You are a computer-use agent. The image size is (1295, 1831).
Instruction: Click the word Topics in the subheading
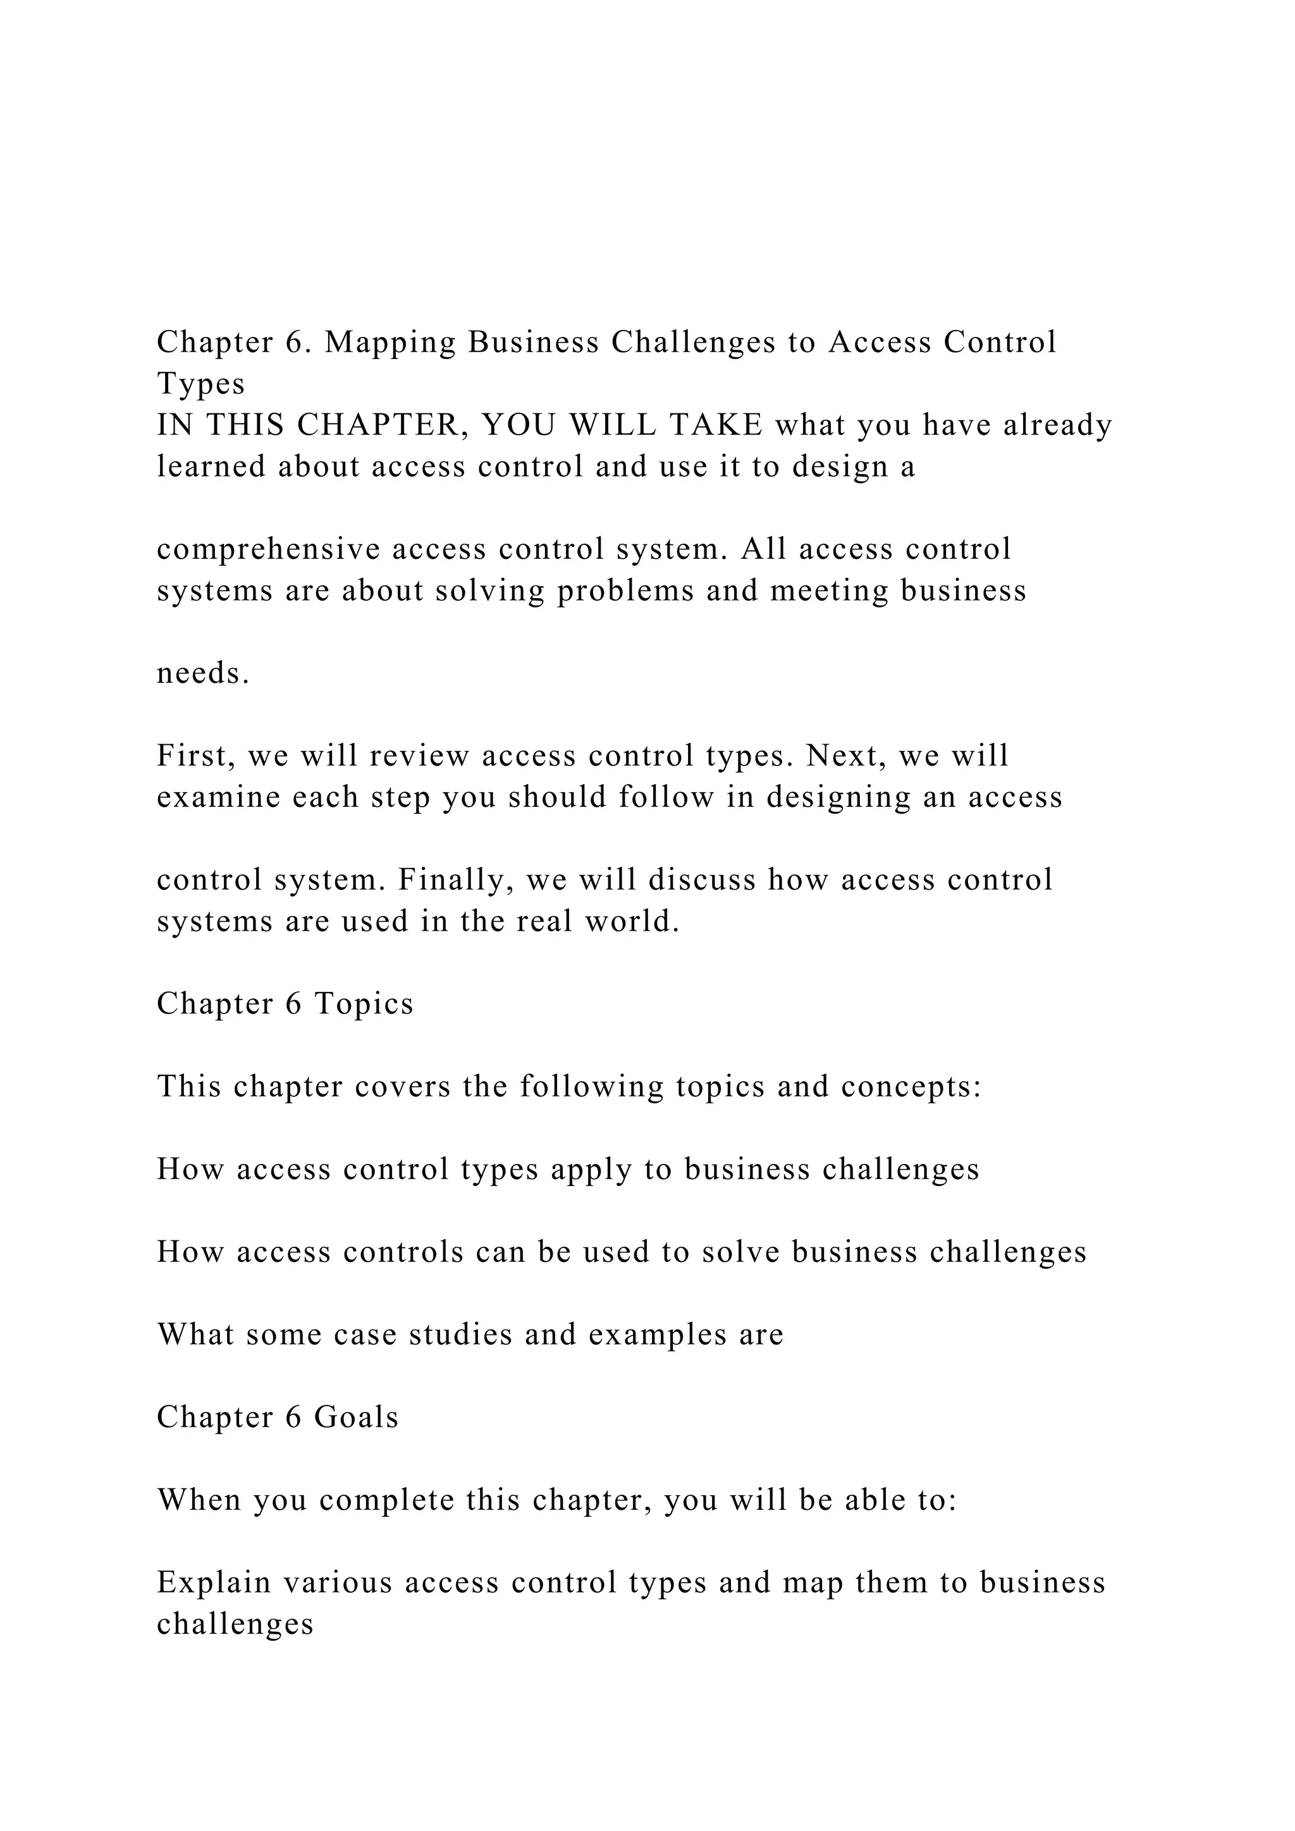(364, 1003)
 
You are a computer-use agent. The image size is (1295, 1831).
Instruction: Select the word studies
(460, 1334)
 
